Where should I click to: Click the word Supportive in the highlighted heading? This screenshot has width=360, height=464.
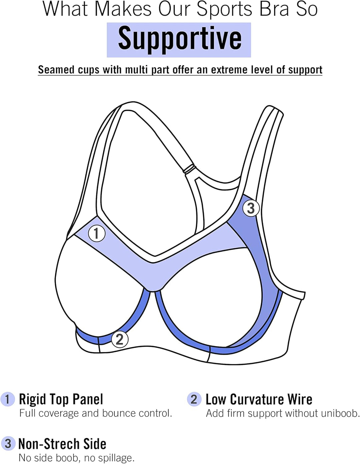point(180,40)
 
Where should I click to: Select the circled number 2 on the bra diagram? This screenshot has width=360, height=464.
point(120,339)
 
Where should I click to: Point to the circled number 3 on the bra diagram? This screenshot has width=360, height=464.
point(251,208)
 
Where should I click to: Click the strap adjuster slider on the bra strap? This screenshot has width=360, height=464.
point(189,169)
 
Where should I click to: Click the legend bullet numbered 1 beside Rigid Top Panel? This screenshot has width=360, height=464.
point(8,399)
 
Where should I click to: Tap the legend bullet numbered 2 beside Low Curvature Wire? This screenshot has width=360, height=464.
point(194,399)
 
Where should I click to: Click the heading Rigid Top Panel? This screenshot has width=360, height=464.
point(61,399)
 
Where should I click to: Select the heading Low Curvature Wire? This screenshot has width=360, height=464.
point(259,399)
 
